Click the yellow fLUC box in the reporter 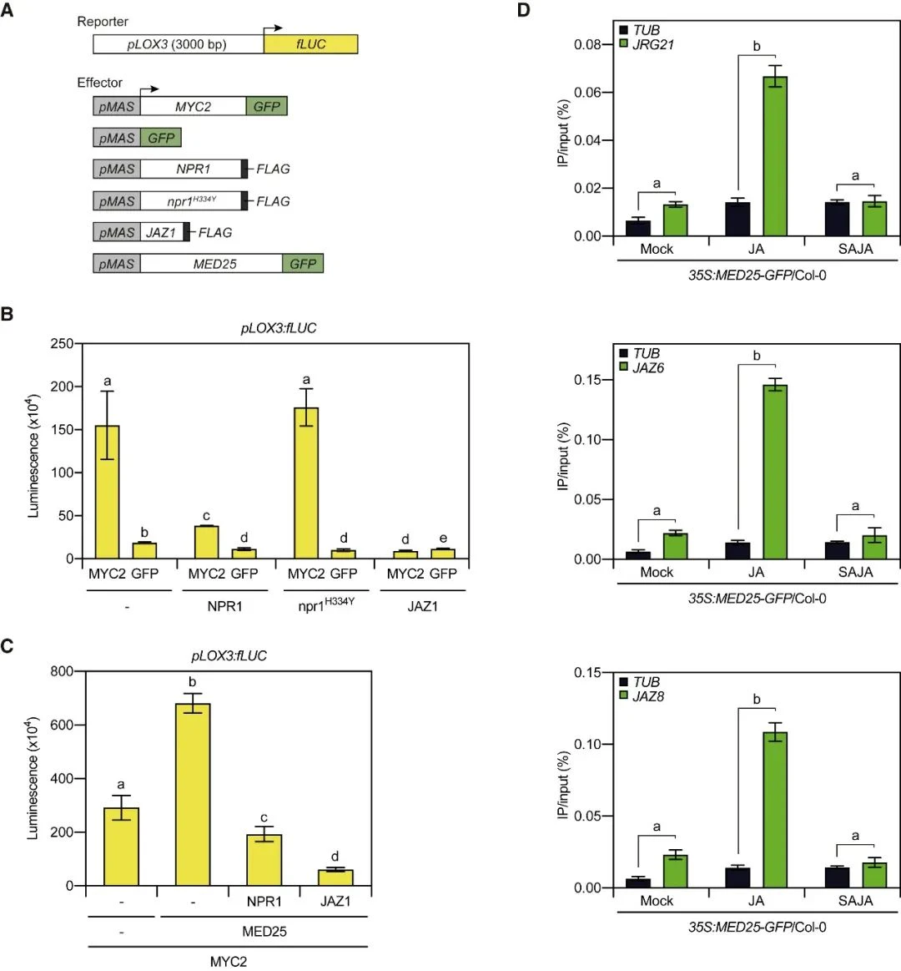(310, 44)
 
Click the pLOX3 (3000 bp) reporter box (177, 44)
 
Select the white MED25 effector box (212, 264)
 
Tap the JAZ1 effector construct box (161, 233)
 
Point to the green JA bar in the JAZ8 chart (775, 810)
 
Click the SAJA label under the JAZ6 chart (855, 573)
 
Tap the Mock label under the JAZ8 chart (657, 902)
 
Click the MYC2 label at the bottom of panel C (228, 961)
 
